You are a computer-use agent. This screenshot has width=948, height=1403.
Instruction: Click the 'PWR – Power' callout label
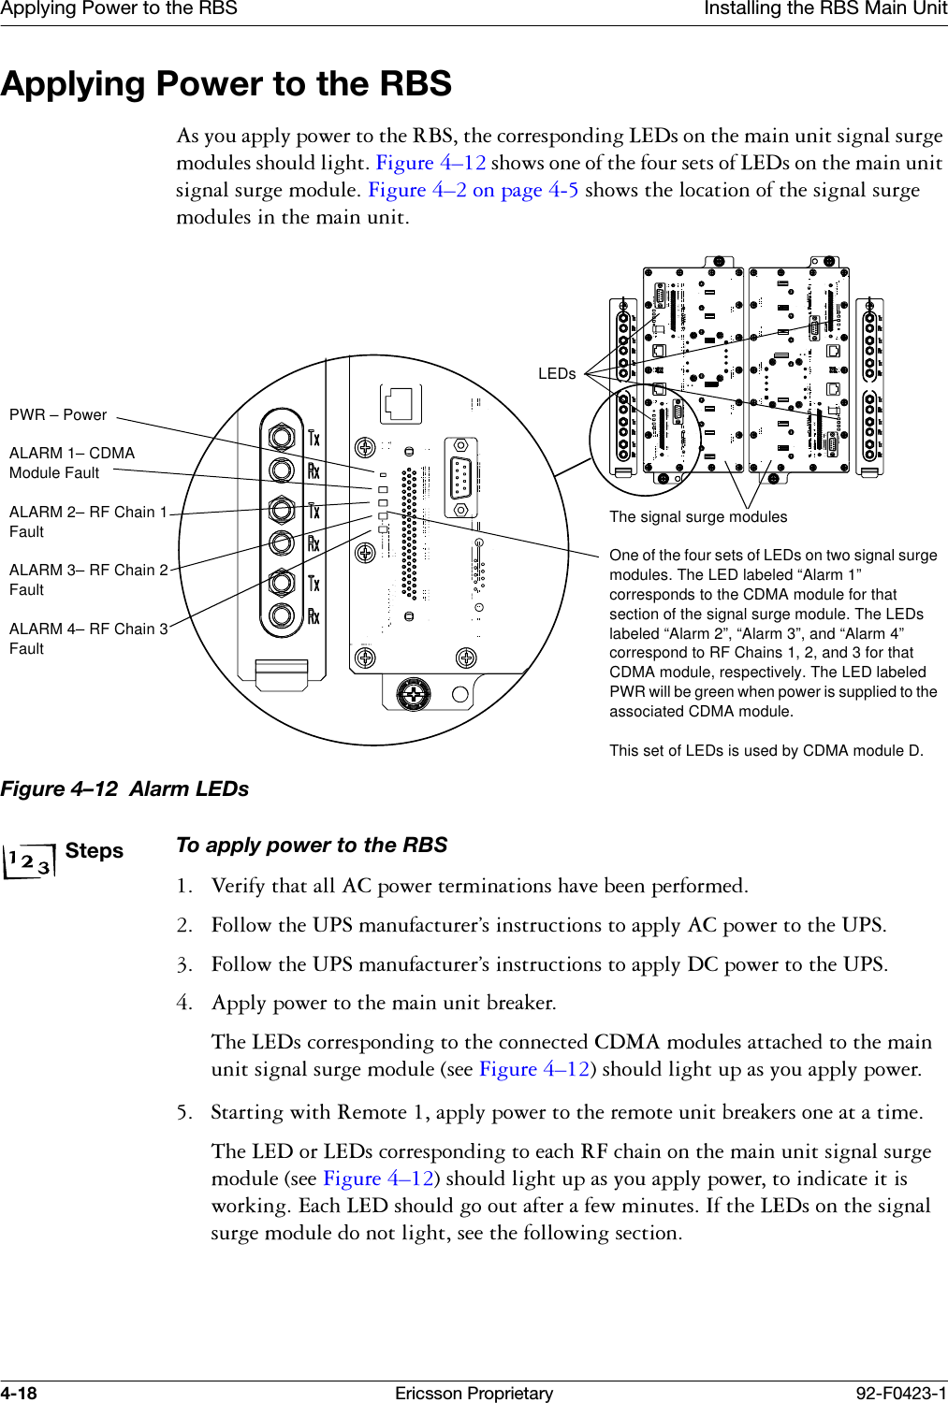click(x=58, y=414)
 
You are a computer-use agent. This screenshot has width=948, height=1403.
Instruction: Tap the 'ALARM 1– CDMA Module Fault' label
click(x=71, y=462)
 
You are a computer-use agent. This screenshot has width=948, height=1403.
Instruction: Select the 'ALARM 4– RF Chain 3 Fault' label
click(x=88, y=638)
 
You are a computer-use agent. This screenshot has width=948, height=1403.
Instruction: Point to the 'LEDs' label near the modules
click(x=557, y=373)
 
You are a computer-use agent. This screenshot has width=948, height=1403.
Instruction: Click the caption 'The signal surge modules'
click(x=698, y=516)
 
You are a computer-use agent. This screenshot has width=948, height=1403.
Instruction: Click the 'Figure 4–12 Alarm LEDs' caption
click(x=124, y=788)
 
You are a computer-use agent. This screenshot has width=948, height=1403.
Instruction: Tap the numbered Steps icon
click(x=28, y=860)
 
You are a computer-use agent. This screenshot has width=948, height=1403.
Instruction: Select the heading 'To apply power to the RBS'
click(x=312, y=845)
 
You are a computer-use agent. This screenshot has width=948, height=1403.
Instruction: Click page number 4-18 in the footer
click(x=19, y=1393)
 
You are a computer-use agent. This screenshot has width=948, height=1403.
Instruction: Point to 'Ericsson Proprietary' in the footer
click(x=474, y=1393)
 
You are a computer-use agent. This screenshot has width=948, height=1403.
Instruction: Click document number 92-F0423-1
click(x=901, y=1393)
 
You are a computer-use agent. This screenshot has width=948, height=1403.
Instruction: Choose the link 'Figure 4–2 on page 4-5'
click(x=473, y=190)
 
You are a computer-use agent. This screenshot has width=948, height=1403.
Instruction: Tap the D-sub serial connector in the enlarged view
click(x=460, y=476)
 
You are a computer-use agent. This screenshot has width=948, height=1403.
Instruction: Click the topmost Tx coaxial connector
click(x=281, y=437)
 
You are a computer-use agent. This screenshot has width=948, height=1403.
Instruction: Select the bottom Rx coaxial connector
click(x=281, y=615)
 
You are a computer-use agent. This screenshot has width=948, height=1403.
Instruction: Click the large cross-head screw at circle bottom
click(x=413, y=693)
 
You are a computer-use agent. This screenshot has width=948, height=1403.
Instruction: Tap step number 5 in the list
click(x=184, y=1112)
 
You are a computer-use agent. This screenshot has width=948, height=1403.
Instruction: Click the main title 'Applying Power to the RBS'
click(x=226, y=84)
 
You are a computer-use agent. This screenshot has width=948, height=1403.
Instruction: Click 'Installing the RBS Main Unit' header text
click(x=824, y=8)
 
